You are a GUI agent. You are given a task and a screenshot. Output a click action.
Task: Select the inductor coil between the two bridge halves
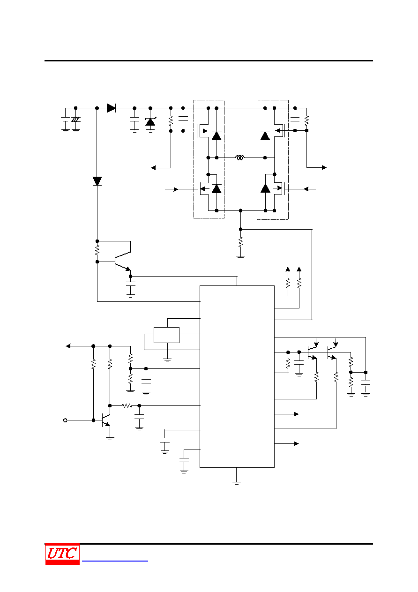(x=239, y=157)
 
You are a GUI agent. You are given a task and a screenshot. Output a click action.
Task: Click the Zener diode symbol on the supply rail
(x=150, y=121)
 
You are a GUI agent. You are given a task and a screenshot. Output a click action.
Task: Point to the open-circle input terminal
(x=65, y=420)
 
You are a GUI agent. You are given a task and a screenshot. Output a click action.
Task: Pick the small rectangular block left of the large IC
(x=166, y=335)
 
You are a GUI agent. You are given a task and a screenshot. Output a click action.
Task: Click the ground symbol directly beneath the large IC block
(x=237, y=483)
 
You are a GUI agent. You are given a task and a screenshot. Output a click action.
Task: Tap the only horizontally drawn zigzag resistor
(x=127, y=405)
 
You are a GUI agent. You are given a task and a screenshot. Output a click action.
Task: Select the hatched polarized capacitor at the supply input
(x=76, y=120)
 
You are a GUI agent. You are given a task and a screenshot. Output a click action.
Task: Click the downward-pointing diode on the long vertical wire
(x=97, y=181)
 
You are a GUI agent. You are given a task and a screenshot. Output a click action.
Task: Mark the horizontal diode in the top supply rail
(x=111, y=108)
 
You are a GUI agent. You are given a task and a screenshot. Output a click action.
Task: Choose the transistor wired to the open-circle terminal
(x=106, y=420)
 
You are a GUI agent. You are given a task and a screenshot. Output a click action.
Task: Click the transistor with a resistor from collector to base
(x=122, y=262)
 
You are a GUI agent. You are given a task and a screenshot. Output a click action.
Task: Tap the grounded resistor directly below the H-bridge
(x=240, y=242)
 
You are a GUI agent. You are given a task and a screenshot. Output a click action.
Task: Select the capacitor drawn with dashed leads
(x=146, y=382)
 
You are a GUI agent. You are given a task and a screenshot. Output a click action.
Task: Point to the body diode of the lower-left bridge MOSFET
(x=216, y=189)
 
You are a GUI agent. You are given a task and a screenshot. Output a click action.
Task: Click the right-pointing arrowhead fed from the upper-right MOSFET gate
(x=324, y=167)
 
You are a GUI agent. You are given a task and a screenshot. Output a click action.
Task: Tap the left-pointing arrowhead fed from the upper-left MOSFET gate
(x=154, y=167)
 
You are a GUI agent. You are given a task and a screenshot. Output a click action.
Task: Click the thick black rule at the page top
(x=209, y=60)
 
